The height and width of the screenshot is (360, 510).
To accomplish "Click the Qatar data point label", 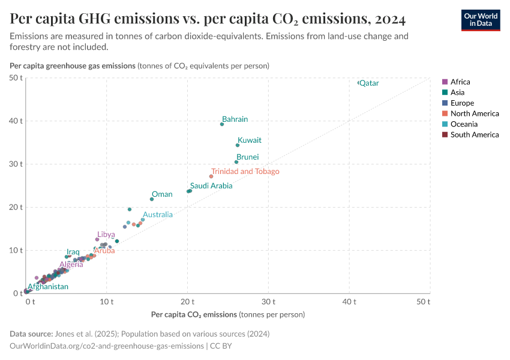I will click(369, 83).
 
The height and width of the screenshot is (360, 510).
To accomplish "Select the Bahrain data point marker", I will click(222, 124).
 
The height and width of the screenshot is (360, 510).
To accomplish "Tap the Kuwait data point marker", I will click(238, 145).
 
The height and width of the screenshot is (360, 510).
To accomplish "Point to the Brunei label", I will click(247, 157).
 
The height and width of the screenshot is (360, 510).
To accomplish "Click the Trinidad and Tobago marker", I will click(211, 176).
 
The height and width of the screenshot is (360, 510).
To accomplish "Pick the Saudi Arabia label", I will click(211, 186).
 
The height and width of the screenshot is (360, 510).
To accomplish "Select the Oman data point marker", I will click(152, 199).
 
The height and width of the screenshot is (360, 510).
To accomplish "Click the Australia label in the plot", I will click(157, 215).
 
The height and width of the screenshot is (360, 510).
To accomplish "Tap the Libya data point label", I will click(106, 235).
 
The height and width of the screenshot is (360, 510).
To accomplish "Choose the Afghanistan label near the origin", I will click(48, 287).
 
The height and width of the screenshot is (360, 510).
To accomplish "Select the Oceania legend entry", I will click(464, 124).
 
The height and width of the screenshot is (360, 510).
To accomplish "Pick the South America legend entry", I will click(474, 135).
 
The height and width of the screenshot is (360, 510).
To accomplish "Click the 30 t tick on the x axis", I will click(268, 301).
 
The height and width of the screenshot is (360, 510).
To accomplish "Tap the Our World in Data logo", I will click(481, 20).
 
